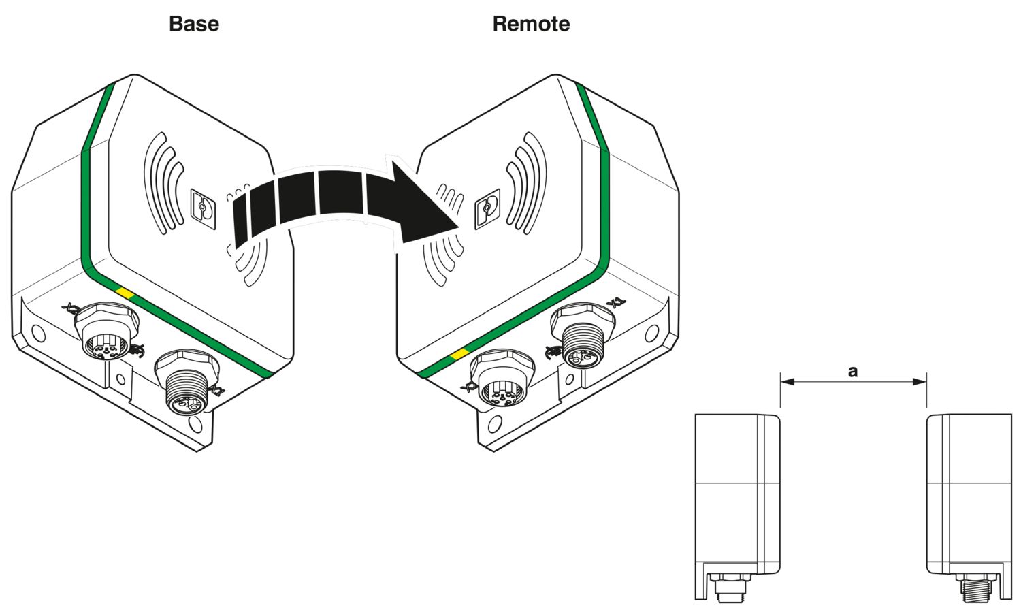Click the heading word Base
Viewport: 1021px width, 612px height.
[x=194, y=24]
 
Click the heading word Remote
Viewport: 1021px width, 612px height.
[x=531, y=24]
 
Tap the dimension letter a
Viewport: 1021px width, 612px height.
[x=853, y=371]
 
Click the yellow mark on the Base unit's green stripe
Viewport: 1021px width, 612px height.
[x=125, y=293]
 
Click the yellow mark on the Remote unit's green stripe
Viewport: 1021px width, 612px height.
[x=460, y=354]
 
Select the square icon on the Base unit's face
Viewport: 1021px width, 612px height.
[x=202, y=206]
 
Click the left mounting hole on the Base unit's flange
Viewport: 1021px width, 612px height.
[x=38, y=334]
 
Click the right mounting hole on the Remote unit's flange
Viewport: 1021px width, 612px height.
[x=651, y=333]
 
